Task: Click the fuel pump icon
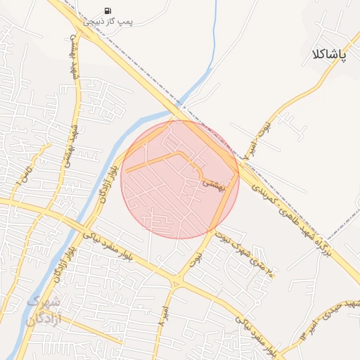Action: pos(107,11)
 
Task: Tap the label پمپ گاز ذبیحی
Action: pos(108,22)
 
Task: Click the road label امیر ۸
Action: pos(163,310)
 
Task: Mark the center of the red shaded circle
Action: pos(180,179)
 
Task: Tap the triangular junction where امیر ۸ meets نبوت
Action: pos(176,281)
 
